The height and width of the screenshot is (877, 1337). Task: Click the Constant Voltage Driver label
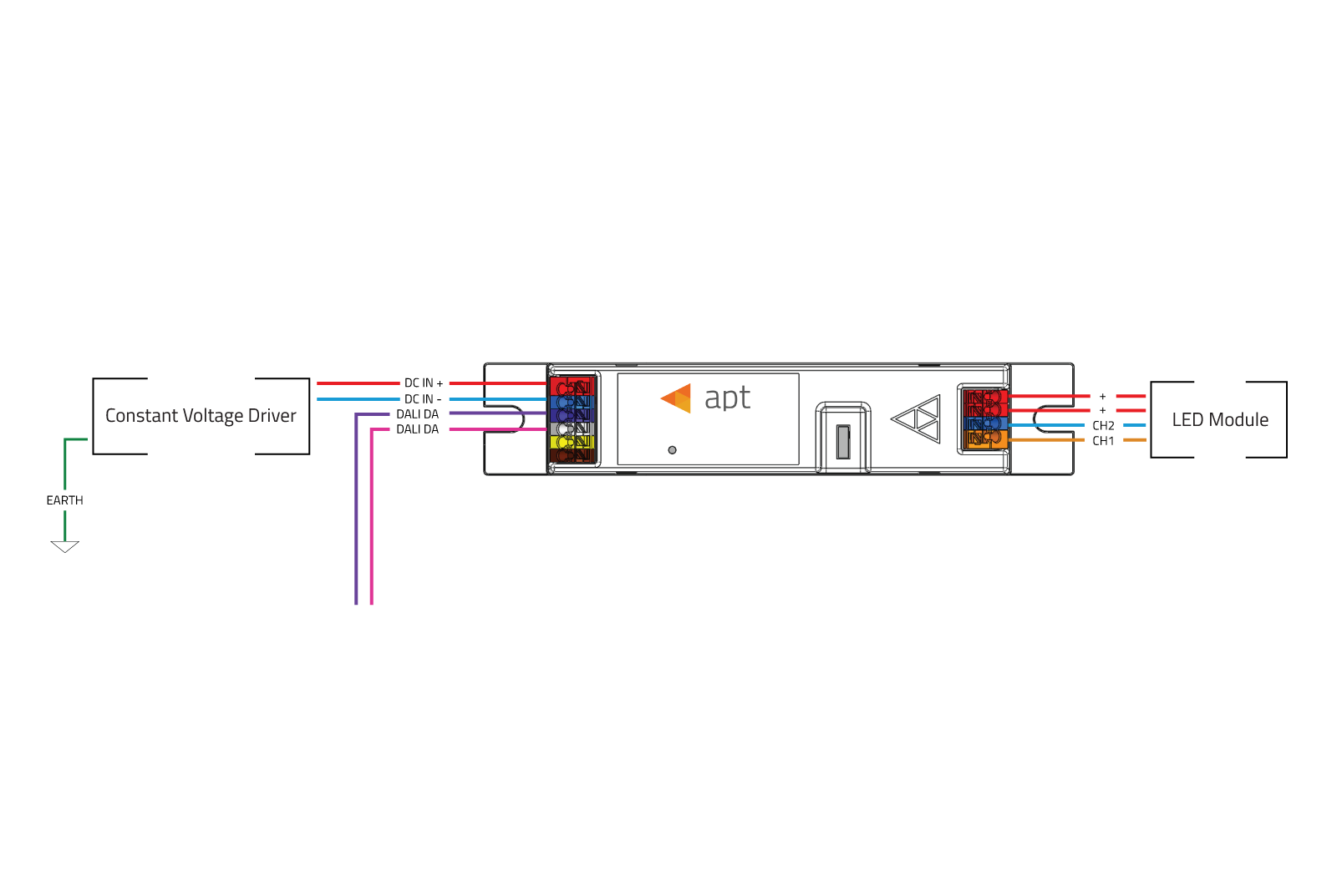click(201, 416)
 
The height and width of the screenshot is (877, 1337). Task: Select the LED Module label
click(1220, 420)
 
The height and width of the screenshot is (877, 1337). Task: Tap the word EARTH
click(64, 500)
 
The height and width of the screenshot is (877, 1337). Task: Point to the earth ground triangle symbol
click(64, 546)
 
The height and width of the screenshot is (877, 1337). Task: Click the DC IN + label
click(423, 383)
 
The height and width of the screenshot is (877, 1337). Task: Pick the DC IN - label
click(423, 399)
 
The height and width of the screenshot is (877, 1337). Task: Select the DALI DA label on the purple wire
click(417, 414)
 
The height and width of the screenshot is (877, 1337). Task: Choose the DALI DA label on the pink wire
click(417, 429)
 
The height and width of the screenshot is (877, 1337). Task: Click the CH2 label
click(1103, 426)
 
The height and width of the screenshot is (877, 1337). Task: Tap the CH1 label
click(1103, 442)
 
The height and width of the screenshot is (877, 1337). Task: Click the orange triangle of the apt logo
click(676, 398)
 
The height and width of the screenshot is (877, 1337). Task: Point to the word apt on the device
click(727, 398)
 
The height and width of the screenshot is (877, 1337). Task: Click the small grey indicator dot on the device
click(672, 450)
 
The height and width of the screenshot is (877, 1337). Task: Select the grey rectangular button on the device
click(843, 442)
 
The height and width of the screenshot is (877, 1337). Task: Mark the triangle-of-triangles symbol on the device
click(916, 418)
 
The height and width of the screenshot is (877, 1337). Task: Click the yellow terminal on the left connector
click(572, 442)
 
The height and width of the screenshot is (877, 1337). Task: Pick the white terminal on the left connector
click(572, 428)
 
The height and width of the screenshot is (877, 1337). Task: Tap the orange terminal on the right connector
click(985, 439)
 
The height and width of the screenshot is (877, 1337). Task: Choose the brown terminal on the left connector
click(572, 456)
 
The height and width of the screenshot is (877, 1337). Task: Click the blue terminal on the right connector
click(985, 424)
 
